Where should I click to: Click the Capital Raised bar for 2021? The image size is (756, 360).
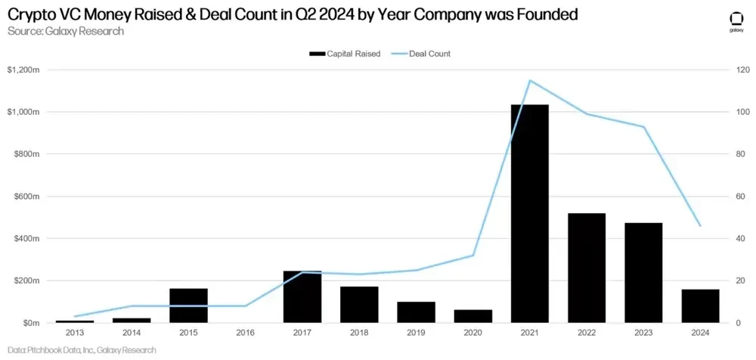click(529, 213)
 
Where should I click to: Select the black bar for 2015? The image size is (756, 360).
click(188, 306)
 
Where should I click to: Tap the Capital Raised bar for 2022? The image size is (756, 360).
click(587, 268)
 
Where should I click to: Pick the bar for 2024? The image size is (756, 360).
click(700, 306)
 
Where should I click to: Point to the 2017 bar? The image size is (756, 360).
click(302, 296)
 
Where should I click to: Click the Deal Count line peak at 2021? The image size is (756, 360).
click(530, 80)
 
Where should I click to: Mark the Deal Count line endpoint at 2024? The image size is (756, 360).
click(701, 226)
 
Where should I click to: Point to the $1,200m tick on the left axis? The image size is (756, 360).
click(24, 70)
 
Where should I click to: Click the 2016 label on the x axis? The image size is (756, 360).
click(245, 333)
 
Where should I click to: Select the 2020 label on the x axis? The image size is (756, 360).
click(472, 333)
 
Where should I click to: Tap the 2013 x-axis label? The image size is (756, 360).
click(74, 333)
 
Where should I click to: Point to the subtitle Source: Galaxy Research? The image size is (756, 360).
click(65, 31)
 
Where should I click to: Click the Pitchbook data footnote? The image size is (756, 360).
click(81, 350)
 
